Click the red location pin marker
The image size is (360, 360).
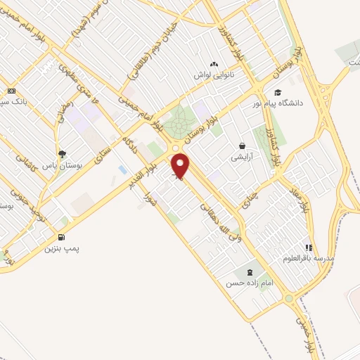[181, 166]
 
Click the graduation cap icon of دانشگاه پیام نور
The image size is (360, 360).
[278, 93]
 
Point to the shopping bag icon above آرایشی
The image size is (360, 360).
[242, 146]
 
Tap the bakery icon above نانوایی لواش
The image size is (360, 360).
[214, 63]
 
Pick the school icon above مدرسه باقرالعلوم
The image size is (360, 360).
[308, 247]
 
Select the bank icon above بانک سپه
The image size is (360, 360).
[11, 91]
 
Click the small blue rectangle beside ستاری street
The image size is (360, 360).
[123, 170]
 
